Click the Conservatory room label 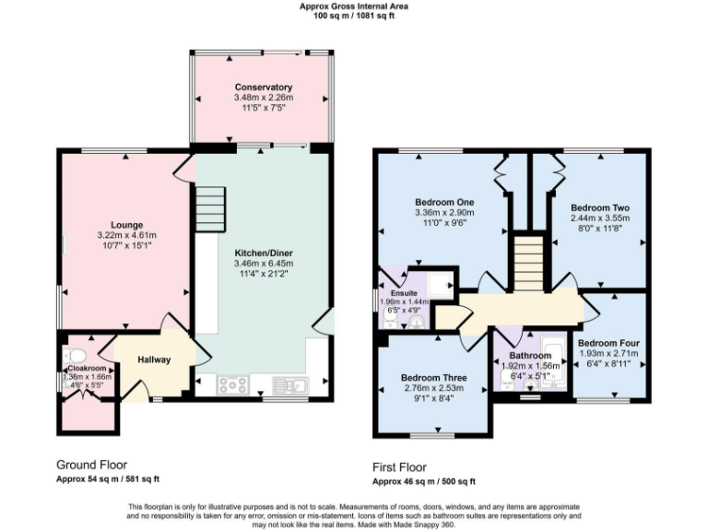pyautogui.click(x=263, y=88)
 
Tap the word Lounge pyautogui.click(x=126, y=224)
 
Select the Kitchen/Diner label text pyautogui.click(x=263, y=252)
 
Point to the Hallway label pyautogui.click(x=154, y=360)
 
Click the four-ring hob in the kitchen pyautogui.click(x=231, y=385)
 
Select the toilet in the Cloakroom pyautogui.click(x=76, y=356)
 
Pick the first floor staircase pyautogui.click(x=528, y=263)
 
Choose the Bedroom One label pyautogui.click(x=443, y=203)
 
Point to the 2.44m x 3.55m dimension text pyautogui.click(x=598, y=218)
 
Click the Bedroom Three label pyautogui.click(x=433, y=378)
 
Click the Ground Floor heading pyautogui.click(x=92, y=465)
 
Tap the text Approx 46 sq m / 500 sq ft pyautogui.click(x=423, y=481)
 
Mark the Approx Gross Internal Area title pyautogui.click(x=354, y=6)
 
